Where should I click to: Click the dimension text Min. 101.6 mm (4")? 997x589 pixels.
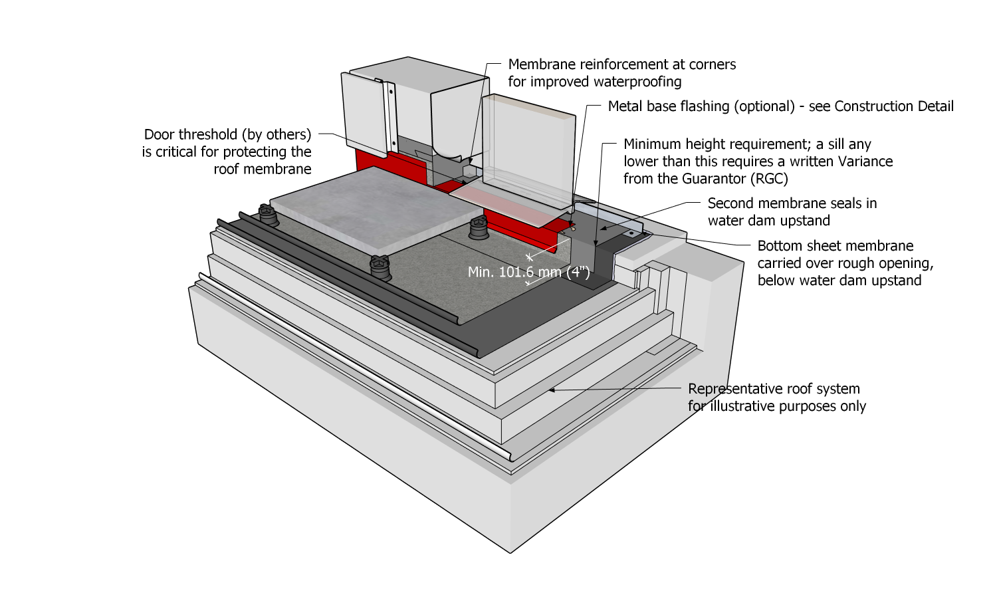[x=528, y=272]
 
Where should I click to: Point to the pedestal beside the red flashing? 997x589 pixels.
[x=479, y=229]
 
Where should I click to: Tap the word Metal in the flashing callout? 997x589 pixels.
[x=625, y=106]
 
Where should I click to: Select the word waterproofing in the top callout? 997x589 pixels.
[x=637, y=82]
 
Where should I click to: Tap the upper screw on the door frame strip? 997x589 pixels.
[x=391, y=88]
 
